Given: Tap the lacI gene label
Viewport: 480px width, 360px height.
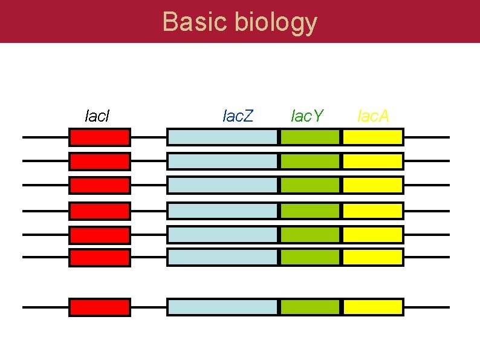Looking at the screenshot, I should click(x=97, y=115).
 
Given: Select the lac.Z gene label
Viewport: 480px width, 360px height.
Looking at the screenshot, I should click(x=238, y=115).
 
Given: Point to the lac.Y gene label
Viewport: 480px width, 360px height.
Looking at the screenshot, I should click(x=308, y=115).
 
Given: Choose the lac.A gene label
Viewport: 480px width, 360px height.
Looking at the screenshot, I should click(x=374, y=115).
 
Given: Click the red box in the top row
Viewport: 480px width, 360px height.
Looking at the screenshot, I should click(x=100, y=137).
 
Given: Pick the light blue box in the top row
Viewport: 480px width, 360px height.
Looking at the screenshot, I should click(x=222, y=137).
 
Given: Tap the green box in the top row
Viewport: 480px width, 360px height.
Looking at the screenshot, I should click(x=310, y=137).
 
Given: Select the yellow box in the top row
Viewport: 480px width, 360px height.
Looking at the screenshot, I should click(x=372, y=137).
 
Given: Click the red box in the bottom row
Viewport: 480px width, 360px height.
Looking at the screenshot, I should click(x=100, y=307).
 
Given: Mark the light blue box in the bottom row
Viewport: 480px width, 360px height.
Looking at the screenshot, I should click(x=222, y=307).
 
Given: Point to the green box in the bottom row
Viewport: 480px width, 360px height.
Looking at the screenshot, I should click(x=310, y=307).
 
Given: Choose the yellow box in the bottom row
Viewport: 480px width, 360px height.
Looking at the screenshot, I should click(x=372, y=307).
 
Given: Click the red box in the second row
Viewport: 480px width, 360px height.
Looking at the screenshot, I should click(x=100, y=161).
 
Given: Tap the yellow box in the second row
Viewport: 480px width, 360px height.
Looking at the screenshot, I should click(x=372, y=161).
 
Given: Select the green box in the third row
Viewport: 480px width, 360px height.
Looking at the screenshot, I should click(x=310, y=185).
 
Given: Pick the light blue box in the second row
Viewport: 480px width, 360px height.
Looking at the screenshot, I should click(x=222, y=161).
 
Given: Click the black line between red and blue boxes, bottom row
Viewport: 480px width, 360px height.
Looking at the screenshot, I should click(x=149, y=307).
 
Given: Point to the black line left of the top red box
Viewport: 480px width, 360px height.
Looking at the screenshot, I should click(x=45, y=137).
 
